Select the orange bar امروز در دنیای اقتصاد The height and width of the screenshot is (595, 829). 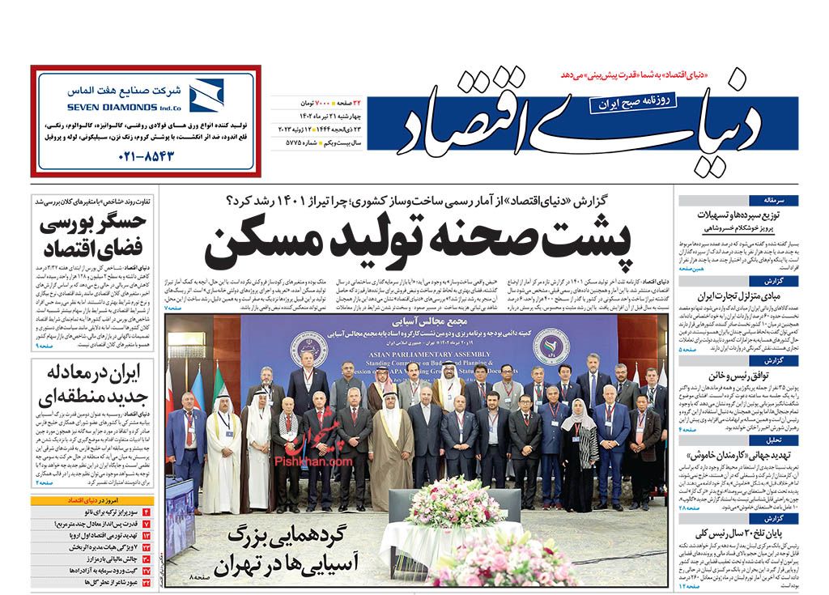click(94, 501)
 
